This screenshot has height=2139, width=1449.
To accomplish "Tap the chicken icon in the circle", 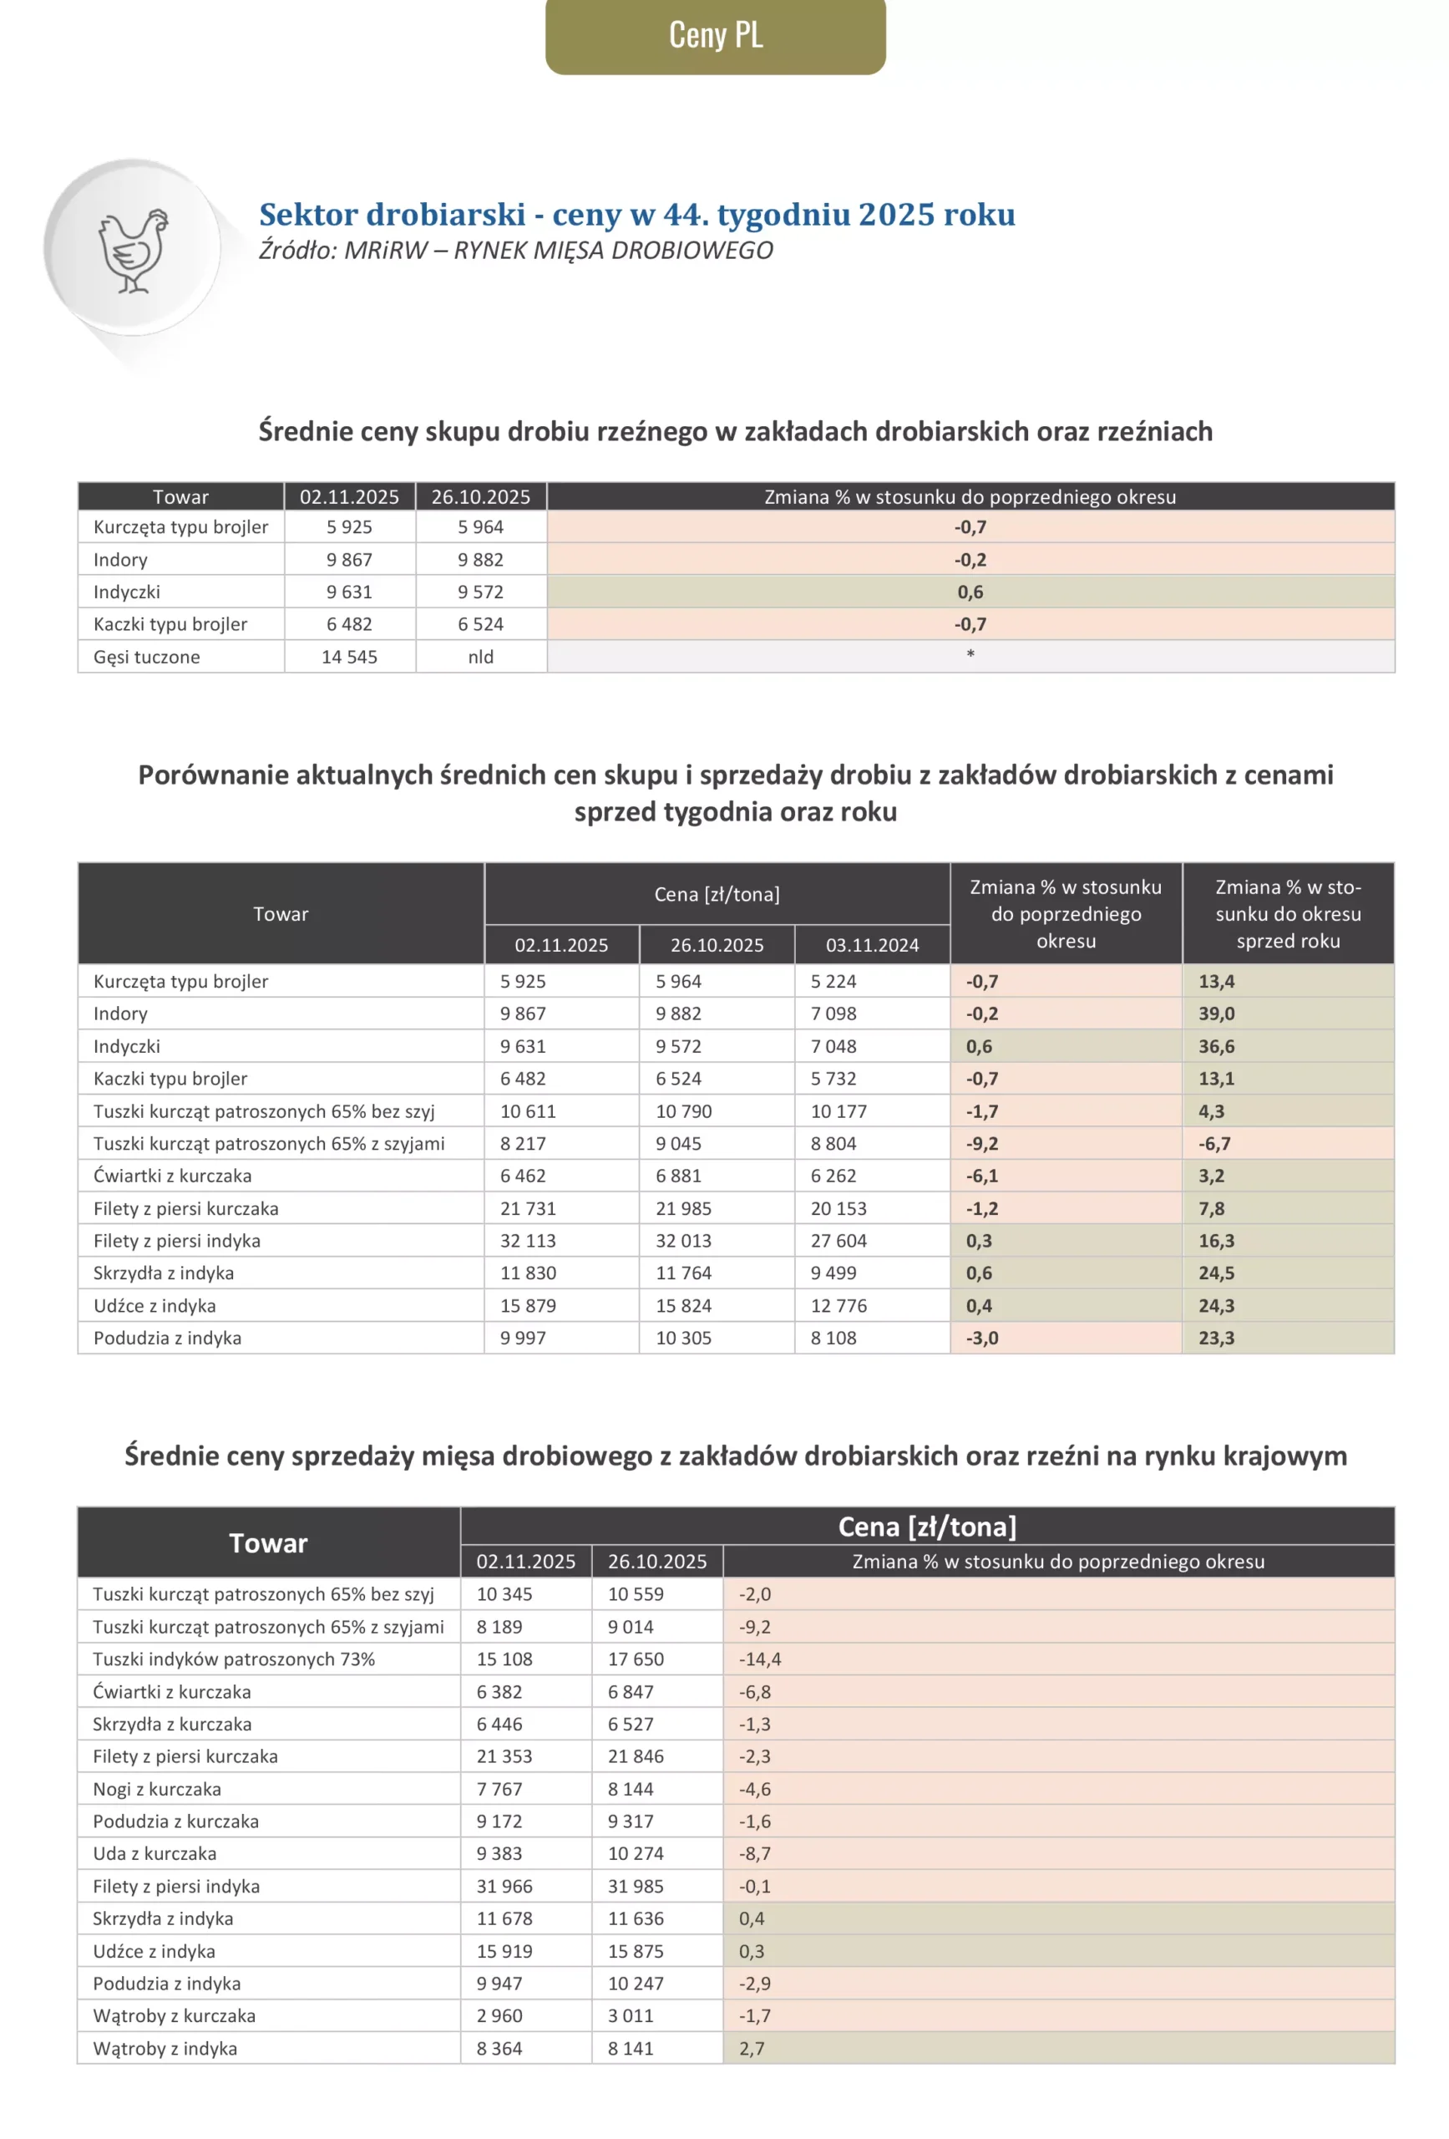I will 134,251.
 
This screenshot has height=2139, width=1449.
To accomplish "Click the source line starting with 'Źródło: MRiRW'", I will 515,251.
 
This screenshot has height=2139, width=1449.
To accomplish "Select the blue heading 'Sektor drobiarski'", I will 636,215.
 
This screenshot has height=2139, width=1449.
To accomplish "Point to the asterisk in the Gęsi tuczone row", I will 970,654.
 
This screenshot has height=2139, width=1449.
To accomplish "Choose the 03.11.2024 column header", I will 871,945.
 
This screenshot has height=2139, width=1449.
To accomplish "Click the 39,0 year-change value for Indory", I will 1215,1014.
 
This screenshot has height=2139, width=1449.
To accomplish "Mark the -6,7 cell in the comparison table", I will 1213,1143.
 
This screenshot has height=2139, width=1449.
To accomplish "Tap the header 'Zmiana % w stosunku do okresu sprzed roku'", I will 1287,914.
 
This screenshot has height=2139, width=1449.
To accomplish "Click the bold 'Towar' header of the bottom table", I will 268,1543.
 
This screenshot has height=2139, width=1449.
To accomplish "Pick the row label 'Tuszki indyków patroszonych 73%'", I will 234,1659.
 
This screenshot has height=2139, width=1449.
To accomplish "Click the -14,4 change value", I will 759,1659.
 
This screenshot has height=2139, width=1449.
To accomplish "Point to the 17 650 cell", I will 635,1659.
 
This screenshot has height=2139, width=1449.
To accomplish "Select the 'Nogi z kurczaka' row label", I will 156,1789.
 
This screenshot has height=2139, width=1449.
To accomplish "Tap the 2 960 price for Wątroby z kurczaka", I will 499,2015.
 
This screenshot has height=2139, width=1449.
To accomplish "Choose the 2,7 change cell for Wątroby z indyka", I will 751,2049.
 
